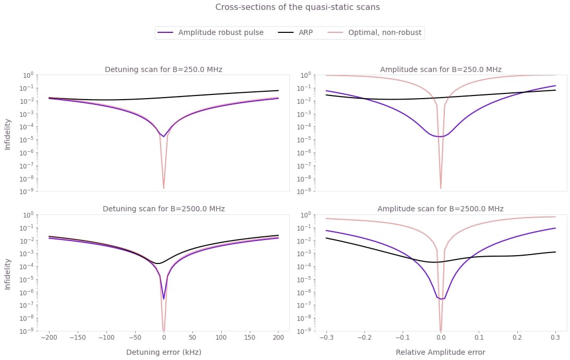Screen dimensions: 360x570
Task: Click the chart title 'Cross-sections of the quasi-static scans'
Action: coord(297,7)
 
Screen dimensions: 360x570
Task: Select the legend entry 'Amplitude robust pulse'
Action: coord(221,32)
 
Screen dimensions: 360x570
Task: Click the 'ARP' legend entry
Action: coord(306,32)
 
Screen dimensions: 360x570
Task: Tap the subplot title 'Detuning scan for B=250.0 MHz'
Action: coord(164,69)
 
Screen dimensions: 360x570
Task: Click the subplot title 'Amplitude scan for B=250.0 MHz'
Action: coord(441,69)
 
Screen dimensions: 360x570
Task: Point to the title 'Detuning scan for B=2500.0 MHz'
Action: coord(164,209)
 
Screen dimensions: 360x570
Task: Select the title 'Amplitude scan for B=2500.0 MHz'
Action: coord(441,209)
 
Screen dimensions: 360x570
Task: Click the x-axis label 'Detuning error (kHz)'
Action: coord(164,352)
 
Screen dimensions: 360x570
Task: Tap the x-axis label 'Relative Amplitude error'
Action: coord(441,352)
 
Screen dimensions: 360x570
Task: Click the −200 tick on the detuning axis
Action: coord(49,338)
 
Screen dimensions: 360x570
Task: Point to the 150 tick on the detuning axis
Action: coord(249,338)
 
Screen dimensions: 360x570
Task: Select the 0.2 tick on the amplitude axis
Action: coord(517,338)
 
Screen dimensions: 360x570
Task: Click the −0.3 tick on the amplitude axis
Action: coord(326,338)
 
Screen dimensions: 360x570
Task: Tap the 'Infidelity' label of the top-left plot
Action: coord(7,134)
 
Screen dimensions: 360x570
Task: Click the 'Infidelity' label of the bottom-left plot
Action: coord(7,273)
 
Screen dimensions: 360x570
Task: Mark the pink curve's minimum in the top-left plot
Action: coord(164,188)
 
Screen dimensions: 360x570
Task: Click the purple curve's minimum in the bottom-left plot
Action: coord(164,298)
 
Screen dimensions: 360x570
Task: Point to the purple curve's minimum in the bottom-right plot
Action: coord(441,299)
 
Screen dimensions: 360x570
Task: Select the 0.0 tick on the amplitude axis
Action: coord(441,338)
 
